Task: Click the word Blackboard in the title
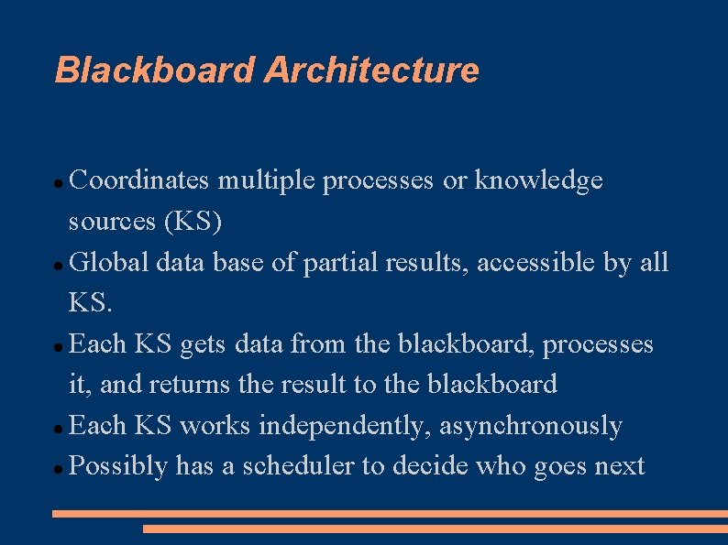pyautogui.click(x=155, y=70)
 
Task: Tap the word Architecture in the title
pyautogui.click(x=371, y=70)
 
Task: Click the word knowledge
pyautogui.click(x=538, y=181)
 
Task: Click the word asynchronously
pyautogui.click(x=531, y=426)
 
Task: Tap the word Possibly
pyautogui.click(x=118, y=466)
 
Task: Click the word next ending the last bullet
pyautogui.click(x=620, y=466)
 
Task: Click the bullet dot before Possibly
pyautogui.click(x=59, y=469)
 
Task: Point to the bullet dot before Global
pyautogui.click(x=59, y=266)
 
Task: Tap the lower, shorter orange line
pyautogui.click(x=435, y=529)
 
